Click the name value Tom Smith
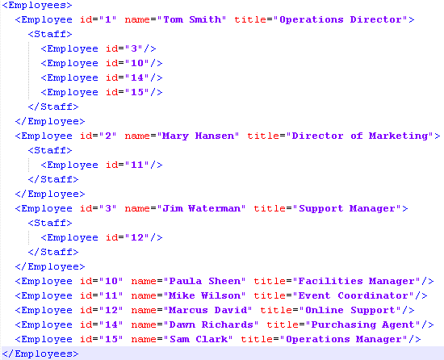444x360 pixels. point(192,19)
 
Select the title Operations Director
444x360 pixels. point(341,19)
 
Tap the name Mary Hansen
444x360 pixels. point(199,136)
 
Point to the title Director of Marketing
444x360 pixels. point(360,136)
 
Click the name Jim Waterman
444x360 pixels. point(202,208)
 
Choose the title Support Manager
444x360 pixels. point(347,209)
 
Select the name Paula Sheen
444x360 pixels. point(205,281)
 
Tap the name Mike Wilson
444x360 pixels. point(205,295)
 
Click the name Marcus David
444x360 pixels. point(208,310)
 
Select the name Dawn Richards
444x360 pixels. point(212,324)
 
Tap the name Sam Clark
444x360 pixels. point(199,339)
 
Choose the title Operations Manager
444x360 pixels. point(346,339)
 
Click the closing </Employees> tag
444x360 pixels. point(40,354)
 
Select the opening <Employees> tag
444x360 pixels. point(37,5)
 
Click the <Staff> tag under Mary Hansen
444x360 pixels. point(50,150)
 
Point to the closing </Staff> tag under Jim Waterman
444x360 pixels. point(53,252)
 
